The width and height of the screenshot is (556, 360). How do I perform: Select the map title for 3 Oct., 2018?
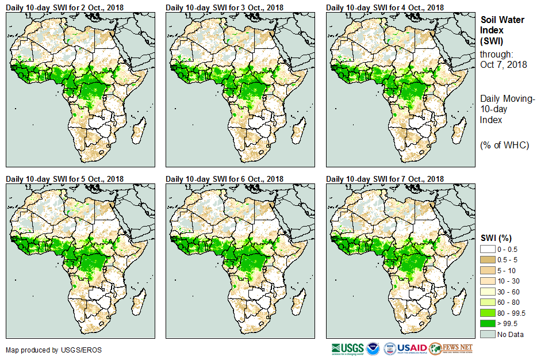click(225, 7)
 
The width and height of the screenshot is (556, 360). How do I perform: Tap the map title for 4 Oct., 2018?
click(385, 7)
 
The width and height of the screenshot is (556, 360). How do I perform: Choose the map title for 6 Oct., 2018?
click(225, 179)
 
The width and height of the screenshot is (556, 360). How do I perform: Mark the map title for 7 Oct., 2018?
click(385, 179)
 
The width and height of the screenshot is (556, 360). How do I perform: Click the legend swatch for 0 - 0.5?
click(488, 248)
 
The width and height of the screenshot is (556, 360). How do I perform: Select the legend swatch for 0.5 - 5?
click(488, 259)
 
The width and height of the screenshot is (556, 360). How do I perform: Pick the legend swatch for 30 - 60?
click(488, 292)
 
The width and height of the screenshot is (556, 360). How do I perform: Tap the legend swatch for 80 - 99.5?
click(488, 313)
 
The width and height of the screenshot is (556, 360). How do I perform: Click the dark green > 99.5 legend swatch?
click(488, 324)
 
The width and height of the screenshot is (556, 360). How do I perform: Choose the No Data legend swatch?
click(488, 335)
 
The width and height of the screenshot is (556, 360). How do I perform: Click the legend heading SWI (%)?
click(496, 238)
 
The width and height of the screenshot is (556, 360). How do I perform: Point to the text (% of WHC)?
click(504, 145)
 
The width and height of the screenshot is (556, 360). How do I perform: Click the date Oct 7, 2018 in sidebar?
click(503, 64)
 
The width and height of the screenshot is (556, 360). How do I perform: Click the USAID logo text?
click(413, 348)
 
